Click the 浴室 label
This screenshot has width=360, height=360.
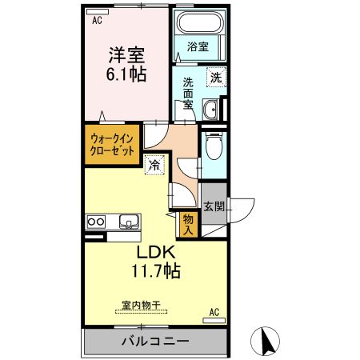coord(198,46)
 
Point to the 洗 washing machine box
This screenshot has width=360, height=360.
coord(215,77)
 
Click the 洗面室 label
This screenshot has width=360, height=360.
coord(187,93)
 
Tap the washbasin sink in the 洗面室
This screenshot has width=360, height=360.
coord(212,110)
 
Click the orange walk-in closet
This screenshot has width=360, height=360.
coord(112,145)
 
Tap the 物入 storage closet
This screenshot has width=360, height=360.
coord(188,223)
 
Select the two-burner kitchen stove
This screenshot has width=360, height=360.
coord(97,221)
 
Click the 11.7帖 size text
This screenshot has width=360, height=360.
coord(156,270)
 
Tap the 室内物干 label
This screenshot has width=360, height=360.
coord(141,305)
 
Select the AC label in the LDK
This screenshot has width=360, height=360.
coord(214,310)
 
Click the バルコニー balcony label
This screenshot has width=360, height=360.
coord(155,341)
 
